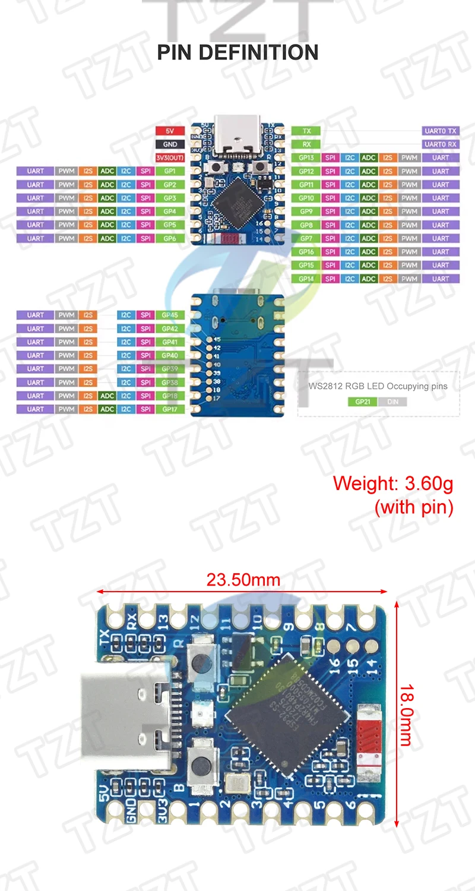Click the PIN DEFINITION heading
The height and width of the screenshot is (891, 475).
coord(237,52)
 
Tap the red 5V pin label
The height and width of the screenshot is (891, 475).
coord(169,131)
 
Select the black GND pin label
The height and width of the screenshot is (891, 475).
coord(169,144)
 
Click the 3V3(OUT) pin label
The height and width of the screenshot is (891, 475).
coord(169,158)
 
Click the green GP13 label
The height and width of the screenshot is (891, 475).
coord(306,158)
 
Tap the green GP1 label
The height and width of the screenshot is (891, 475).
coord(170,171)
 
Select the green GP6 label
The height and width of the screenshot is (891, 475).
coord(170,238)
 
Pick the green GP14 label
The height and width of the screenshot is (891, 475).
coord(306,279)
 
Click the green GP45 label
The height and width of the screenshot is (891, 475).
coord(170,315)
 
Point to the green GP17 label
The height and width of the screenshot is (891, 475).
coord(170,409)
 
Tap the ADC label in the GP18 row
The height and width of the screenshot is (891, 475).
coord(107,396)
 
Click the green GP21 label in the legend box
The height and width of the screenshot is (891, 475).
coord(362,402)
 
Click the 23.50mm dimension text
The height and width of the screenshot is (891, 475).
coord(243,579)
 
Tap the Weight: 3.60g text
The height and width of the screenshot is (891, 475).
coord(393,484)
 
